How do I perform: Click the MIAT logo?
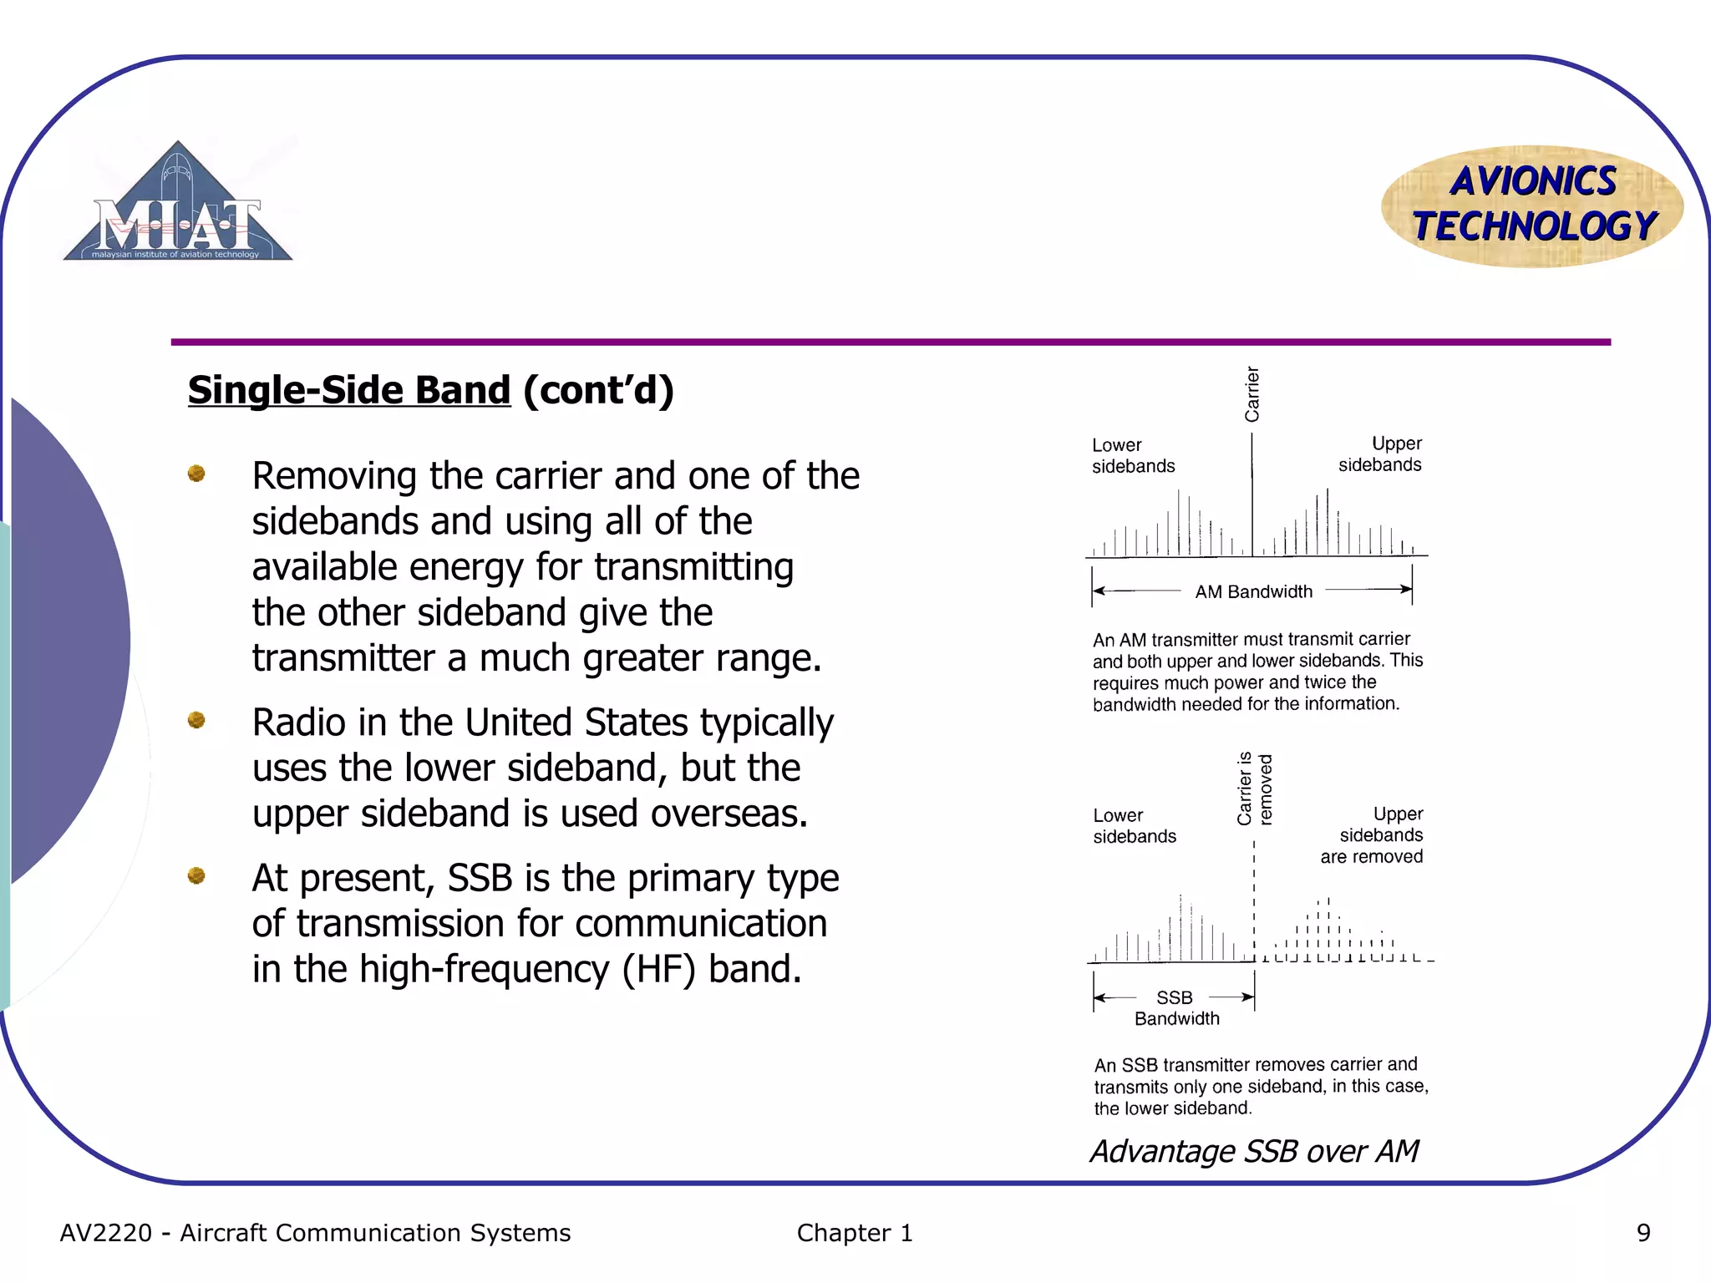click(x=178, y=205)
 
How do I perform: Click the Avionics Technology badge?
click(x=1533, y=205)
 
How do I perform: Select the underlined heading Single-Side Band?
click(x=348, y=390)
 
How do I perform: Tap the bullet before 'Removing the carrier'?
click(x=197, y=474)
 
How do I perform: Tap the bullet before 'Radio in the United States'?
click(x=197, y=720)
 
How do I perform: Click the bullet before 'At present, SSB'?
click(x=197, y=875)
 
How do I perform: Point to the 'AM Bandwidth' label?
click(x=1253, y=591)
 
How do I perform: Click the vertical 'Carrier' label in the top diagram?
click(x=1252, y=394)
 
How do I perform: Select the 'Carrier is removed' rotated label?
click(x=1255, y=789)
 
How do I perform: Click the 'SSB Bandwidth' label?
click(x=1176, y=1007)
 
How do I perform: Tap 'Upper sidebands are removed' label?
click(x=1373, y=834)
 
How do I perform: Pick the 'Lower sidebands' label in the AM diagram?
click(x=1133, y=455)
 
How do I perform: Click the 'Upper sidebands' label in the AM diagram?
click(x=1380, y=454)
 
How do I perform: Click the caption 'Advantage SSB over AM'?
click(x=1255, y=1151)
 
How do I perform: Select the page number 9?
click(x=1642, y=1233)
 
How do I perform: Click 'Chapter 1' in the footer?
click(x=855, y=1233)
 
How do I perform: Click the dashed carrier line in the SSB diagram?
click(x=1254, y=902)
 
